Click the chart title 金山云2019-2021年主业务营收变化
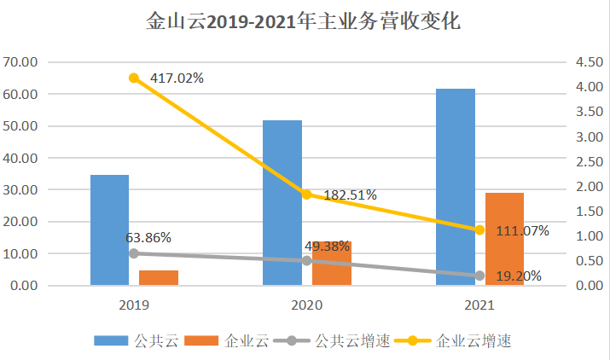(x=304, y=21)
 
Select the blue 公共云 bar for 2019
(x=109, y=229)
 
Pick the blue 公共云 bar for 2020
(x=282, y=202)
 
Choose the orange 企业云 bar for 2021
(x=504, y=239)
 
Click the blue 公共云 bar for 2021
(x=455, y=187)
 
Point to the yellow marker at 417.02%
(x=134, y=78)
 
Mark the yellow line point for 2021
(x=479, y=229)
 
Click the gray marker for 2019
(x=134, y=253)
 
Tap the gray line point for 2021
(x=479, y=275)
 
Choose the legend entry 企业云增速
(x=473, y=341)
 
